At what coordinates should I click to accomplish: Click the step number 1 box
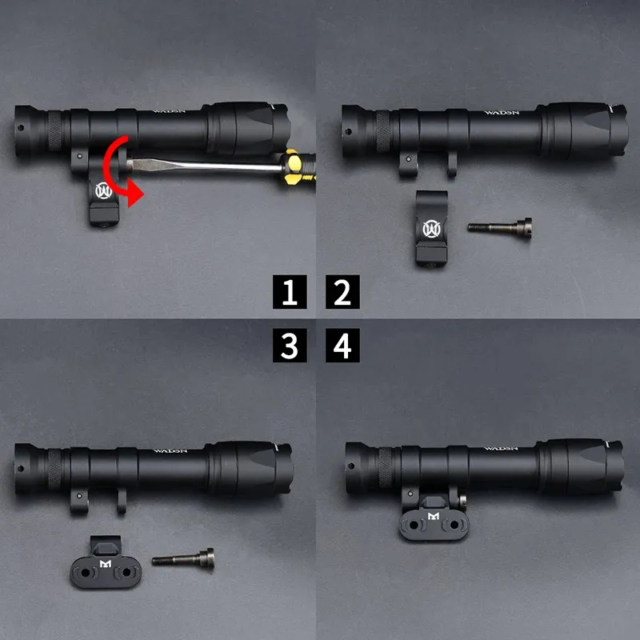tap(290, 293)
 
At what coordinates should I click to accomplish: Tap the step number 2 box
tap(342, 293)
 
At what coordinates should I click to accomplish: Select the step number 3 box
tap(290, 346)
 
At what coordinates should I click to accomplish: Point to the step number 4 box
tap(342, 346)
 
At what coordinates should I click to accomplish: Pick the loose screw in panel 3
tap(182, 558)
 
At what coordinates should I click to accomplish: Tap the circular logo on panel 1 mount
tap(103, 191)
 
